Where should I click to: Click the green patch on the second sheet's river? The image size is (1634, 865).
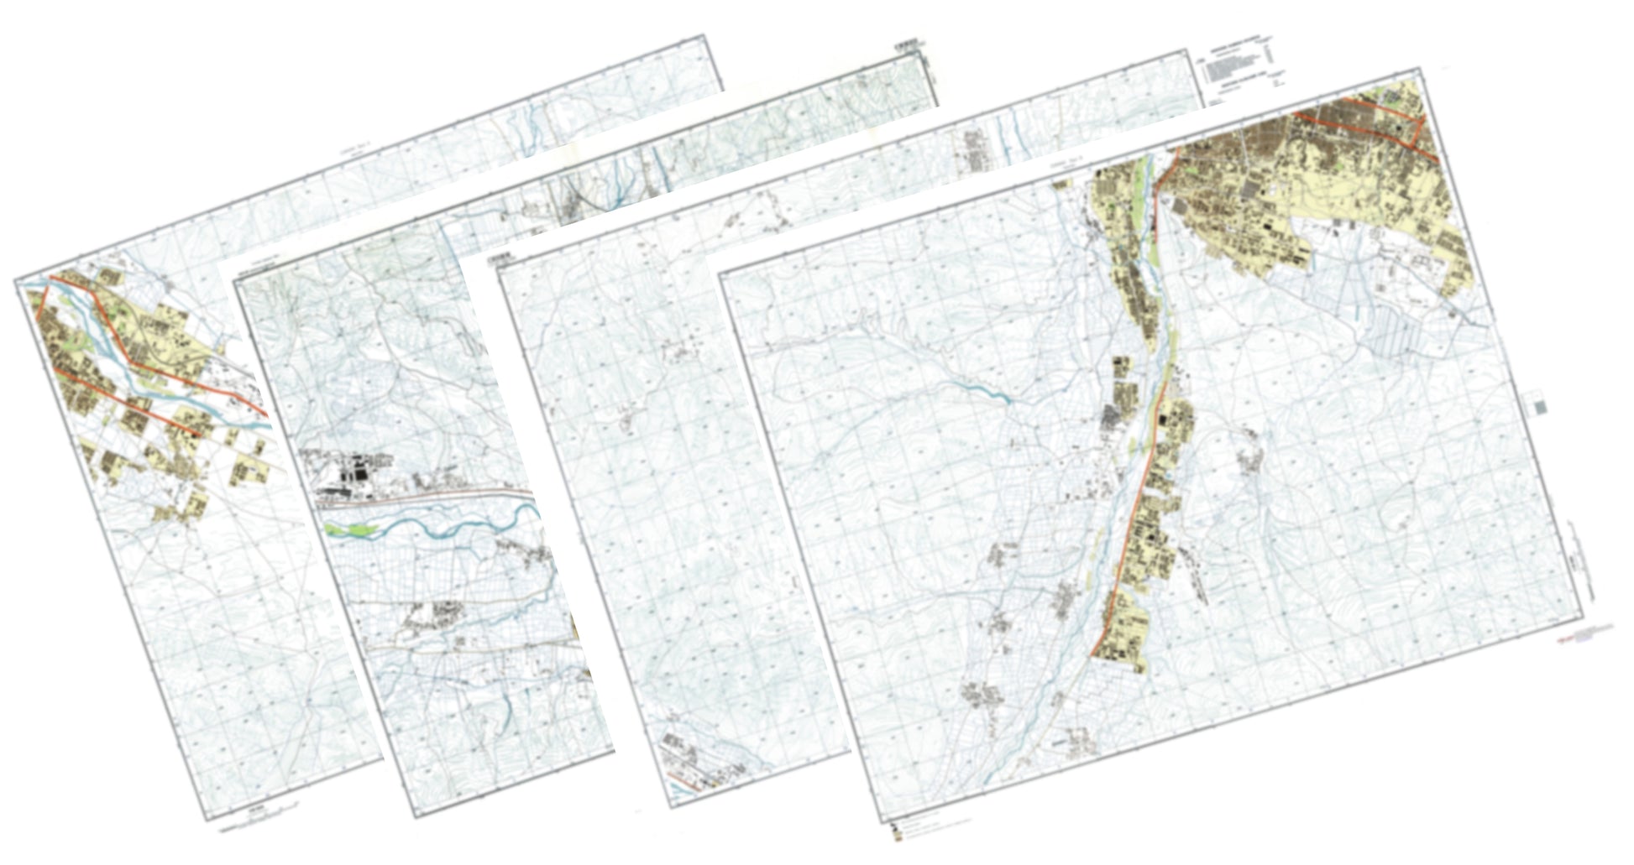point(353,530)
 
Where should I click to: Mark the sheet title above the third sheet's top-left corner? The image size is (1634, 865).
point(500,253)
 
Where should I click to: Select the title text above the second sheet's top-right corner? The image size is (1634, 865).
point(907,39)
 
